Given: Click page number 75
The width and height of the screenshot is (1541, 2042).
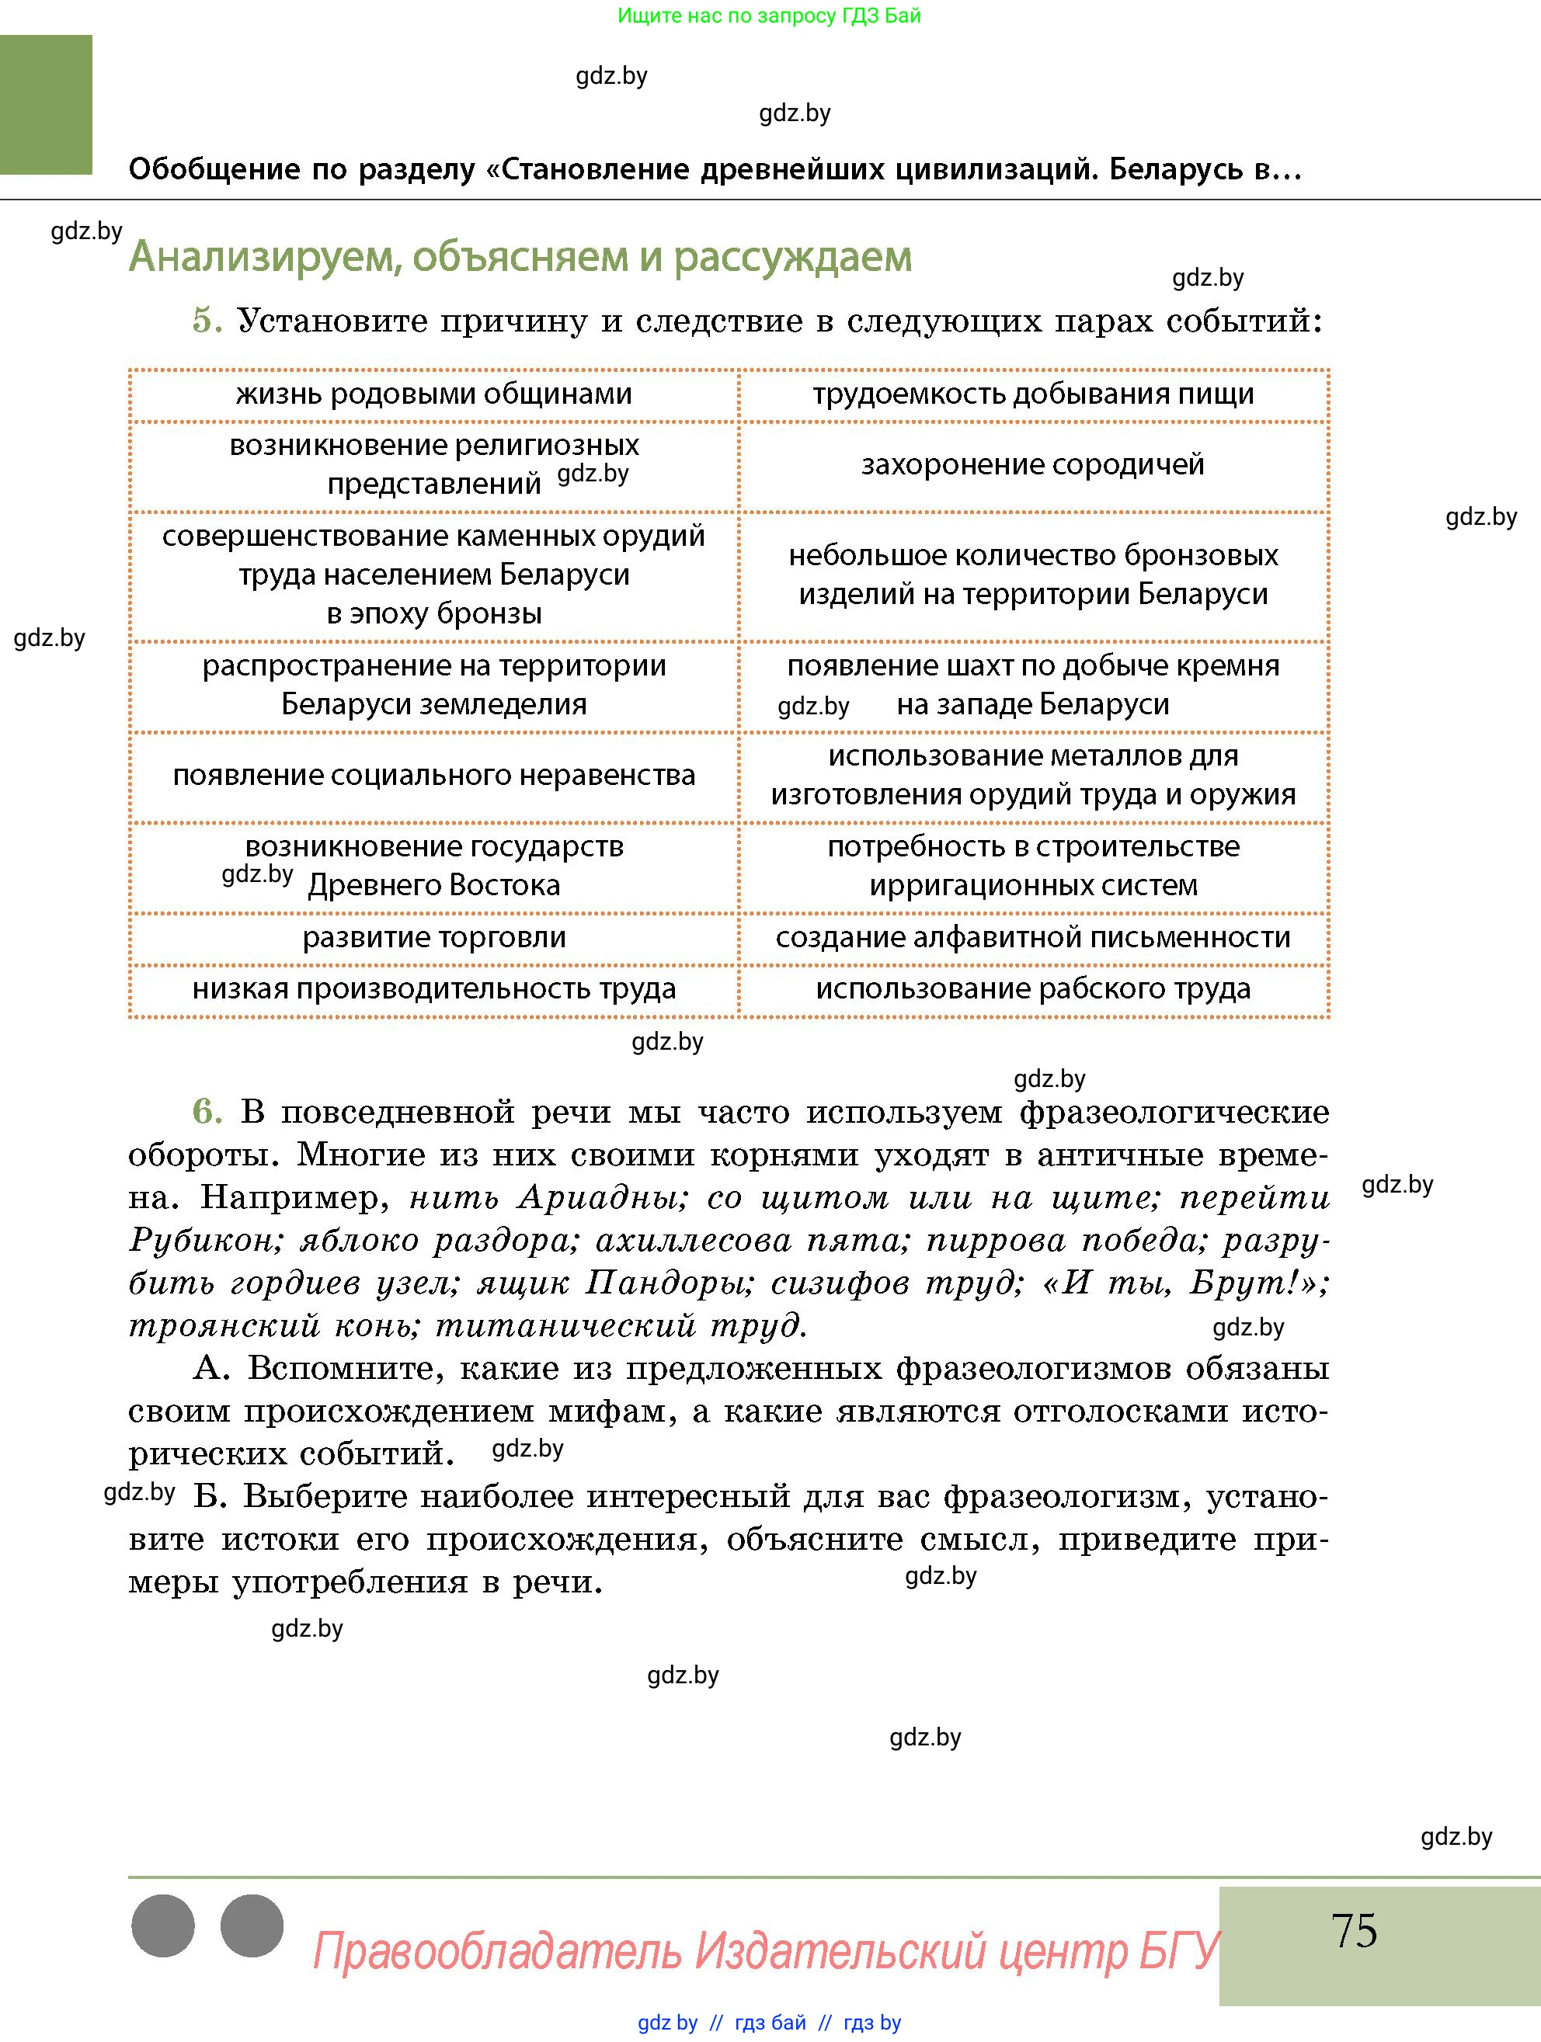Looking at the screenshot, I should tap(1354, 1930).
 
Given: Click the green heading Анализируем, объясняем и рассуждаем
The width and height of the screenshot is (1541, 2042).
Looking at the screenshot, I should tap(520, 257).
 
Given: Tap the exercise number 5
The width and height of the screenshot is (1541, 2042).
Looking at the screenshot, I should tap(207, 321).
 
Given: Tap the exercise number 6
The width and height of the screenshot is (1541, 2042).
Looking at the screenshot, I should tap(207, 1112).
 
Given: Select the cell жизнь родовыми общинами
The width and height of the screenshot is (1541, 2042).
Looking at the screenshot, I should tap(434, 394).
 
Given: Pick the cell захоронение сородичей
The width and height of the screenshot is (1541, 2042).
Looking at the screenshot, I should tap(1032, 464).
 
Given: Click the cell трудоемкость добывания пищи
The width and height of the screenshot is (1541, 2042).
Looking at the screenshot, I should tap(1032, 394).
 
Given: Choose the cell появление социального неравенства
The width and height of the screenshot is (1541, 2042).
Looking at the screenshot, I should tap(434, 776).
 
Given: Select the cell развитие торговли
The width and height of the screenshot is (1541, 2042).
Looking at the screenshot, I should tap(434, 938).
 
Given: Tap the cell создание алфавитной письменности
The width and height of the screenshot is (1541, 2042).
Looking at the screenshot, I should tap(1032, 938).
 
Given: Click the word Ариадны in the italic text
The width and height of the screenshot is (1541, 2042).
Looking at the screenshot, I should tap(601, 1198).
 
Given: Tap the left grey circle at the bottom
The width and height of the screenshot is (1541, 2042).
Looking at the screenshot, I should tap(163, 1926).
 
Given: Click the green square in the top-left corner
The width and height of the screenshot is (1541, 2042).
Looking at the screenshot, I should tap(46, 104).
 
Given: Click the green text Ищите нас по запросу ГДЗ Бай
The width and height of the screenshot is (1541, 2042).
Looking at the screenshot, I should tap(768, 16).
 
